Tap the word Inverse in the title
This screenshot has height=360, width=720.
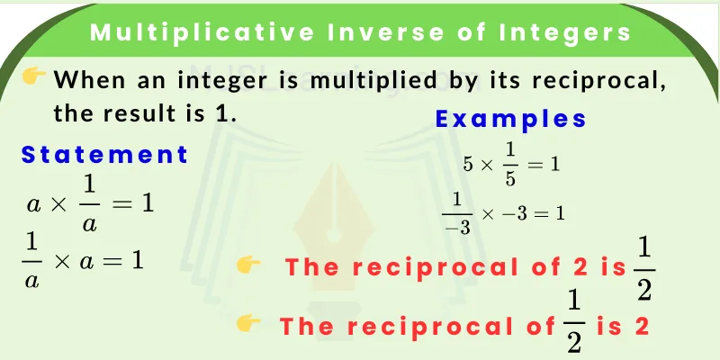click(x=372, y=33)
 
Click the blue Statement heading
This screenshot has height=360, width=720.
click(x=105, y=155)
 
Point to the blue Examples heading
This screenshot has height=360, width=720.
click(x=510, y=119)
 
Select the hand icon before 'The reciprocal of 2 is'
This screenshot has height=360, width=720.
click(x=248, y=265)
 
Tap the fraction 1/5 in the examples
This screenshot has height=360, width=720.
click(x=510, y=164)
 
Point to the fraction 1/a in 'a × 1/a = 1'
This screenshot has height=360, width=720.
click(x=89, y=204)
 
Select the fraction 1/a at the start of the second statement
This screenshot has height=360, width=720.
click(x=34, y=262)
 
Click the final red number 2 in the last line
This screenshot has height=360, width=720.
click(x=642, y=326)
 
